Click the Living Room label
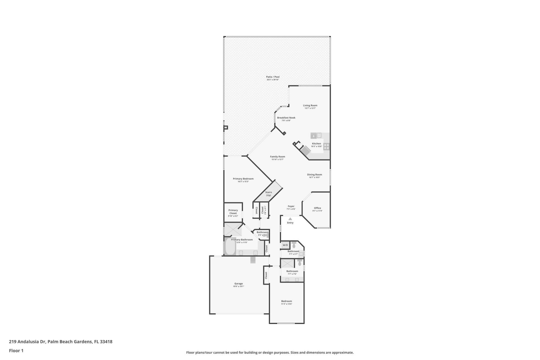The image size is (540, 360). click(310, 105)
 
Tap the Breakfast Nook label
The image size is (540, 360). click(286, 118)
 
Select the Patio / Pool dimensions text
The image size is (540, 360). click(273, 80)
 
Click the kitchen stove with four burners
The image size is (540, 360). click(326, 146)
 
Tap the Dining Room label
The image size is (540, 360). click(314, 175)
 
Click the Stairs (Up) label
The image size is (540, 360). click(268, 194)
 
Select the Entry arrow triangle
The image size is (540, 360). click(290, 219)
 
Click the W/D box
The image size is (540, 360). click(285, 245)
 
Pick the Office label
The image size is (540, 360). click(317, 208)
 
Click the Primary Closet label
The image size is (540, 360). click(233, 211)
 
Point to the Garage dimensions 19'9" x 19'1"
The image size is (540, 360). click(238, 287)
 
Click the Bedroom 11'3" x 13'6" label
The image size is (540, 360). click(287, 301)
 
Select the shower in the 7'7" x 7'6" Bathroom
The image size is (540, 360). click(287, 264)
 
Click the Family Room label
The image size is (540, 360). click(277, 157)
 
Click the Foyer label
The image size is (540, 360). click(291, 206)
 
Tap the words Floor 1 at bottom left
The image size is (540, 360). click(16, 351)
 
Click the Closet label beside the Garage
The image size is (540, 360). click(266, 275)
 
